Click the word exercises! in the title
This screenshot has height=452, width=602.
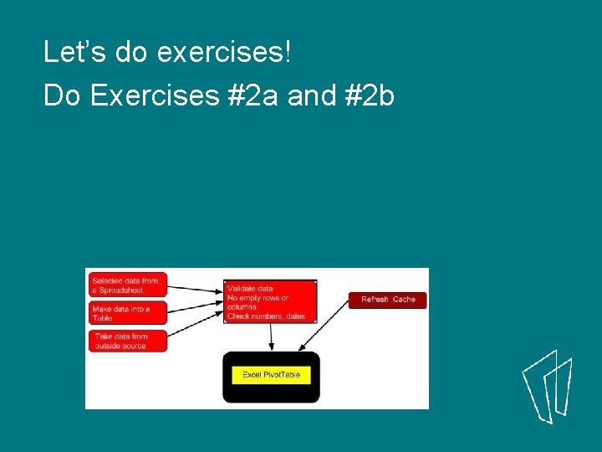click(224, 54)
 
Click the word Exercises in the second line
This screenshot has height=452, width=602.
click(154, 96)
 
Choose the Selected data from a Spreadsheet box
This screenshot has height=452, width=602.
click(126, 285)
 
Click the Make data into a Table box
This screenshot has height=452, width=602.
click(126, 313)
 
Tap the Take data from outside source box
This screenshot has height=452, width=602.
click(126, 341)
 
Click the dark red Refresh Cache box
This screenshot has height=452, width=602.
click(387, 300)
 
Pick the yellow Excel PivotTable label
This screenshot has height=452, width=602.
click(271, 375)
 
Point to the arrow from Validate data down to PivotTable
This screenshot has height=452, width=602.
click(271, 336)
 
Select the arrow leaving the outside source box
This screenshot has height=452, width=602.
click(196, 328)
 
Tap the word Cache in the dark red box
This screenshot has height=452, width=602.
click(404, 300)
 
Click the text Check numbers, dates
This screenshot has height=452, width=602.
click(267, 316)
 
